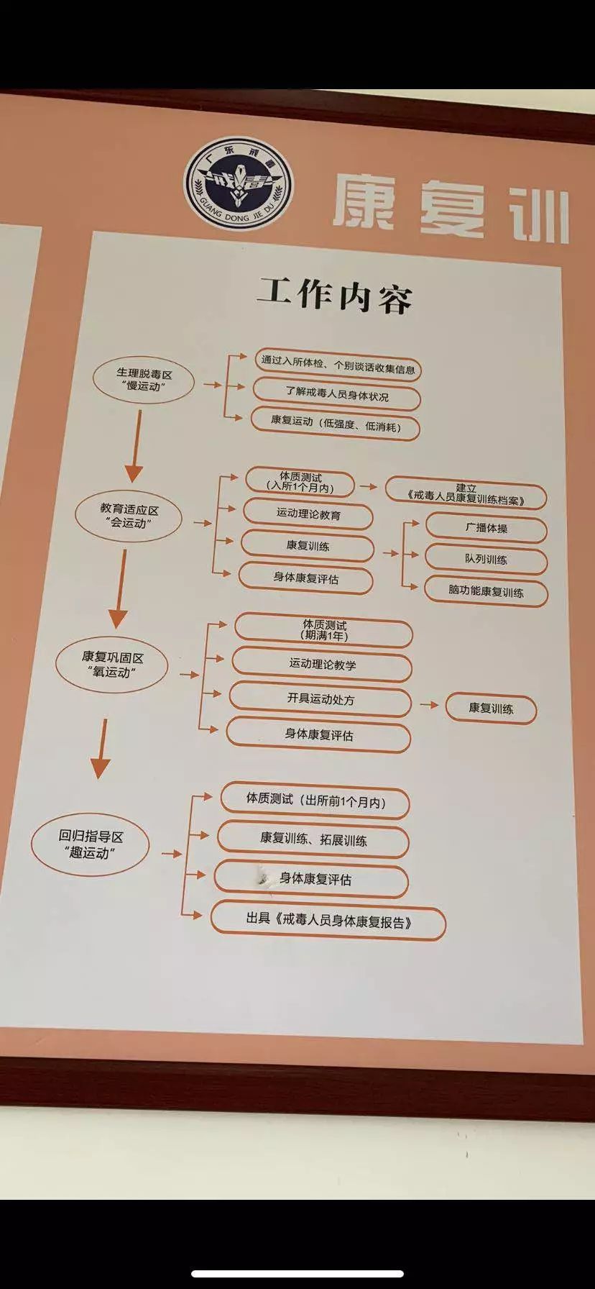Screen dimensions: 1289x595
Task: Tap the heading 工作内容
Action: [334, 295]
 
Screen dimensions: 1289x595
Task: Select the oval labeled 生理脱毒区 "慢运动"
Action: [144, 380]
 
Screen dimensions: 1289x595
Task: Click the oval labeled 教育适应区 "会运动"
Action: [129, 516]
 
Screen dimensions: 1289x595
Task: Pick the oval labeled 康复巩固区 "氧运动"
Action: [112, 665]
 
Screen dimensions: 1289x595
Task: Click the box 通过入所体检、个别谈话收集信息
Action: [338, 368]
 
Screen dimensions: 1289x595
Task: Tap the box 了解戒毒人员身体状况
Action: [336, 396]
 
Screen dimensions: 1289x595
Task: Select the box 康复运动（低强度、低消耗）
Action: [335, 426]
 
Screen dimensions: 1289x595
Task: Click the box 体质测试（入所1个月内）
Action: [300, 482]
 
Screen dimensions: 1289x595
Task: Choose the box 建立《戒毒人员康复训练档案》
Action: [466, 494]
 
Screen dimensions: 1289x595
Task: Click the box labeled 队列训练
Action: [486, 560]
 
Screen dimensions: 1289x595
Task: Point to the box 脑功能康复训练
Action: [486, 592]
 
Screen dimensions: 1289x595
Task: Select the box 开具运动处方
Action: [320, 699]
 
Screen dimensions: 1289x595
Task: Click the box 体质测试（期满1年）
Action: [324, 631]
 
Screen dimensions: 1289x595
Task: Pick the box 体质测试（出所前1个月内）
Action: [315, 801]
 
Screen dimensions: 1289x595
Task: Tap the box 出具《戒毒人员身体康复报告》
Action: [328, 921]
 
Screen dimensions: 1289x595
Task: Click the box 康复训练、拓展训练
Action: [313, 839]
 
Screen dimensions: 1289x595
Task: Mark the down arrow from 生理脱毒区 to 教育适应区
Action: [135, 445]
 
